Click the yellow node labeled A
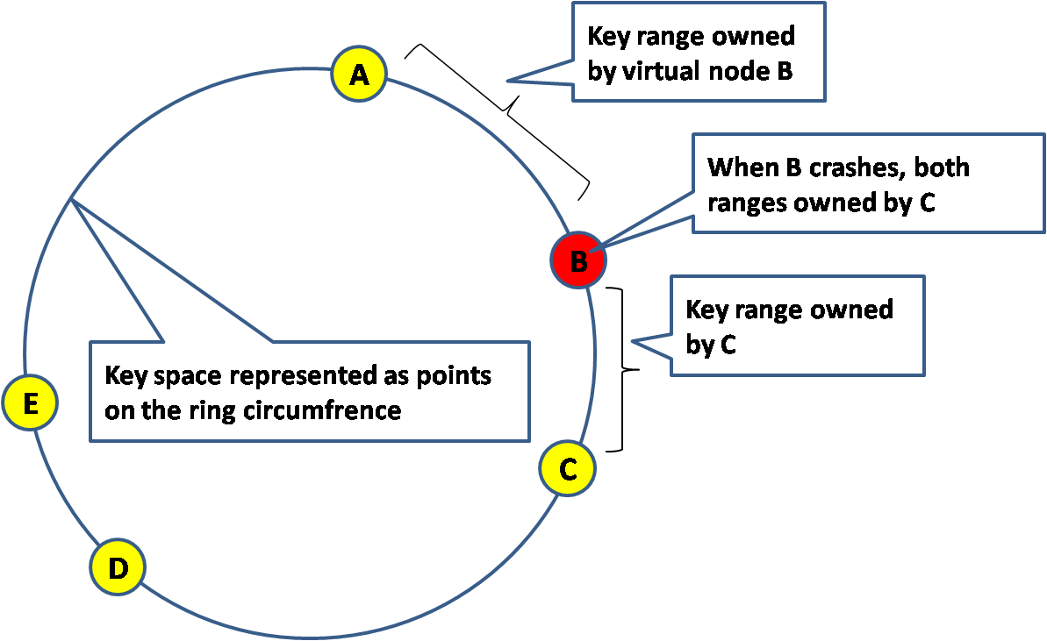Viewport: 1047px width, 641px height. tap(359, 75)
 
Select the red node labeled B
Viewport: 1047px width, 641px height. tap(577, 260)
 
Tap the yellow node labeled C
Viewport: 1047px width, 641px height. tap(567, 469)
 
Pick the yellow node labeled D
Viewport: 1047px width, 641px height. tap(118, 567)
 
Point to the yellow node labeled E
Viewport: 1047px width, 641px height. tap(30, 403)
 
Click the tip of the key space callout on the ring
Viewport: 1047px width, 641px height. tap(72, 200)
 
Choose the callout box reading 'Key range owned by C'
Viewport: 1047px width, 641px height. tap(797, 326)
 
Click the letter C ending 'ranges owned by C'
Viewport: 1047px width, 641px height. tap(927, 203)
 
